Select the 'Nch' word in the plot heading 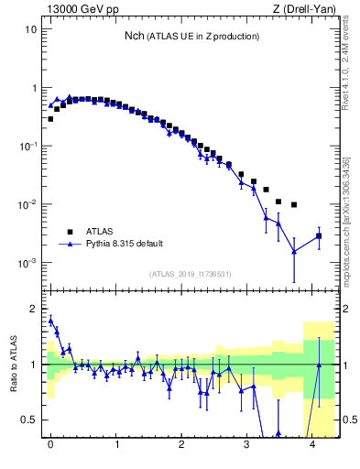click(x=135, y=36)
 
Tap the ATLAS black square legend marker click(x=68, y=232)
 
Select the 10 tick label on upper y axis click(x=30, y=29)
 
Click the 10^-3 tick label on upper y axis click(x=27, y=262)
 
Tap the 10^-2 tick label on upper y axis click(x=27, y=203)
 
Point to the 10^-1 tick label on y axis click(x=27, y=146)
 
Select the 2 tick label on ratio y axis click(x=35, y=309)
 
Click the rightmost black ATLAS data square click(x=319, y=236)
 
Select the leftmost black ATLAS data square click(x=50, y=119)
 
